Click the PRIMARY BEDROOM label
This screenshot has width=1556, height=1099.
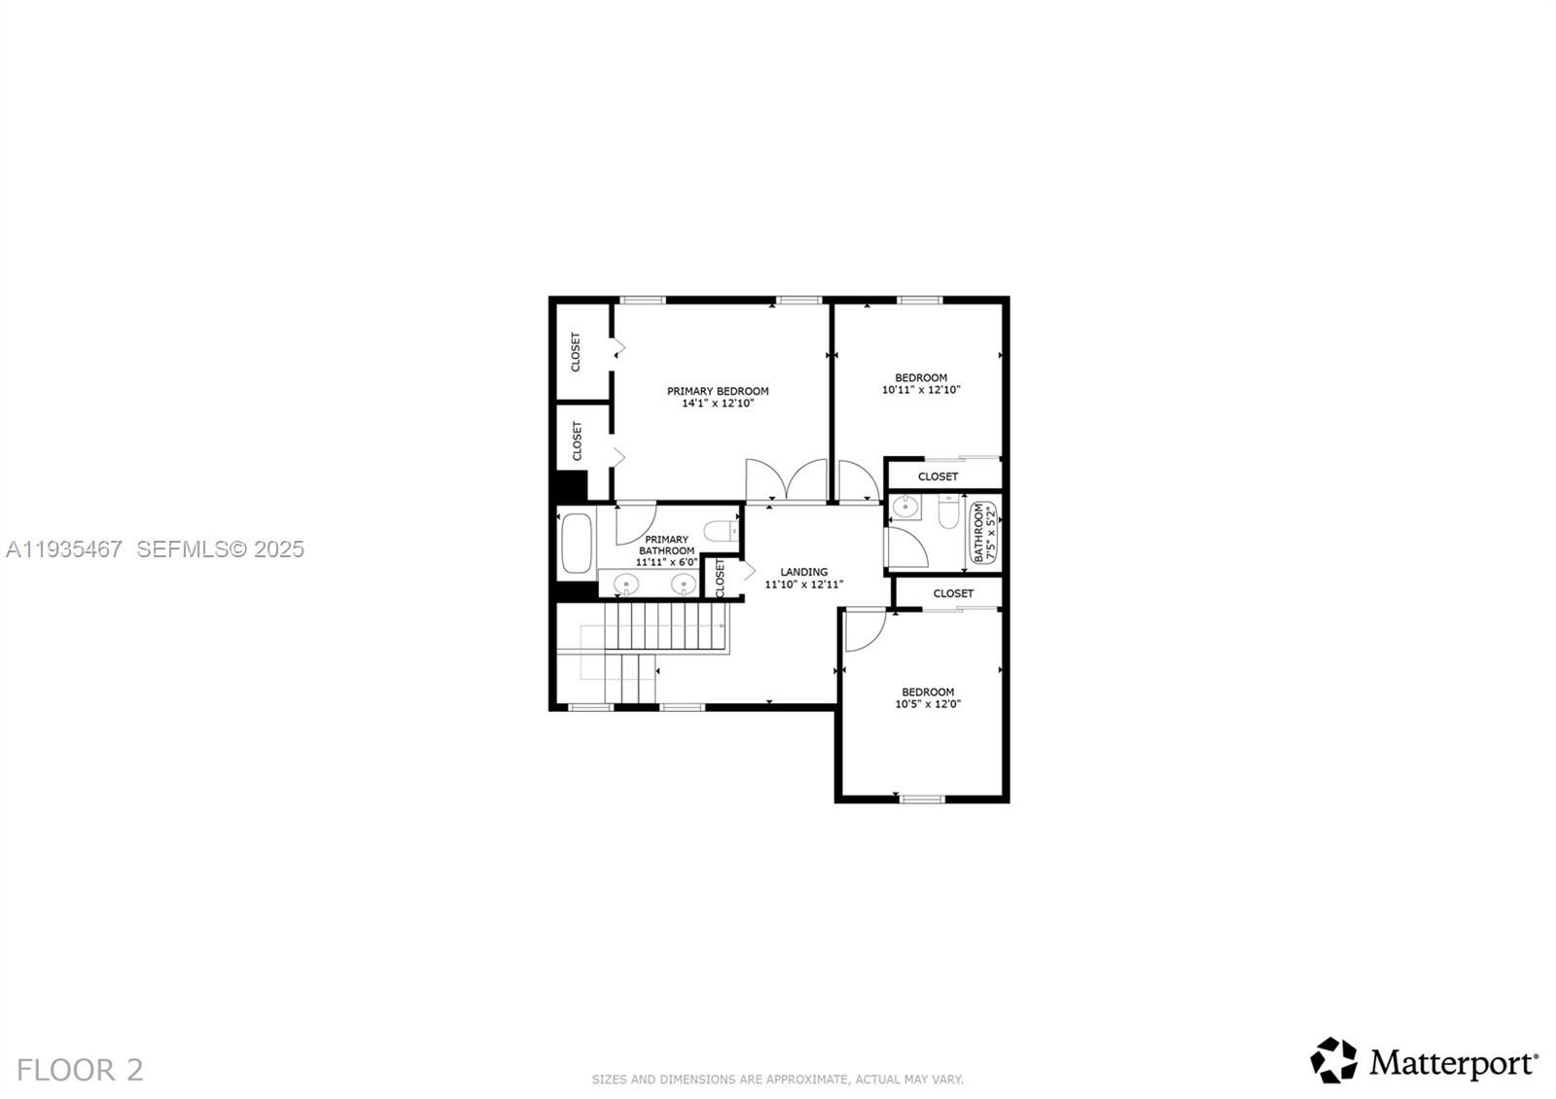point(718,391)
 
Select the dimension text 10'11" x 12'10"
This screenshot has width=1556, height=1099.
point(921,390)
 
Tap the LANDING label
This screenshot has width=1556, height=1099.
point(804,572)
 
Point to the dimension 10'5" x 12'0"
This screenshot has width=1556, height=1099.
point(928,704)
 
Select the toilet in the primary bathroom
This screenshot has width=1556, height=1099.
point(722,531)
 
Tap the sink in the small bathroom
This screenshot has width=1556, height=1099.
point(905,507)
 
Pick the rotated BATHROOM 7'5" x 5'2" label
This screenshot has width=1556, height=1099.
point(984,532)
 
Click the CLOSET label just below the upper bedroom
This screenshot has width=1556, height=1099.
point(937,477)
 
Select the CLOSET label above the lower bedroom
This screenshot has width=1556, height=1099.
point(953,593)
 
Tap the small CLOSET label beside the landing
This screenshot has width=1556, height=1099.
point(721,578)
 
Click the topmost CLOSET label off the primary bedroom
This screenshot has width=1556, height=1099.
point(576,352)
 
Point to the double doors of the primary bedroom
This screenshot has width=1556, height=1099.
point(787,479)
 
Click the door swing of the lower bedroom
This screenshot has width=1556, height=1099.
point(863,630)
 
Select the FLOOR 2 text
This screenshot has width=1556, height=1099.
point(80,1070)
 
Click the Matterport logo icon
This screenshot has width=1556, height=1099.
point(1333,1060)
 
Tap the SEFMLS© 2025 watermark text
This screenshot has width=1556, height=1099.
point(221,549)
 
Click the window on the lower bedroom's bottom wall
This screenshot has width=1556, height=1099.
point(922,799)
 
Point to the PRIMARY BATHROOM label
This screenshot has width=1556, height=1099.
point(666,545)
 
